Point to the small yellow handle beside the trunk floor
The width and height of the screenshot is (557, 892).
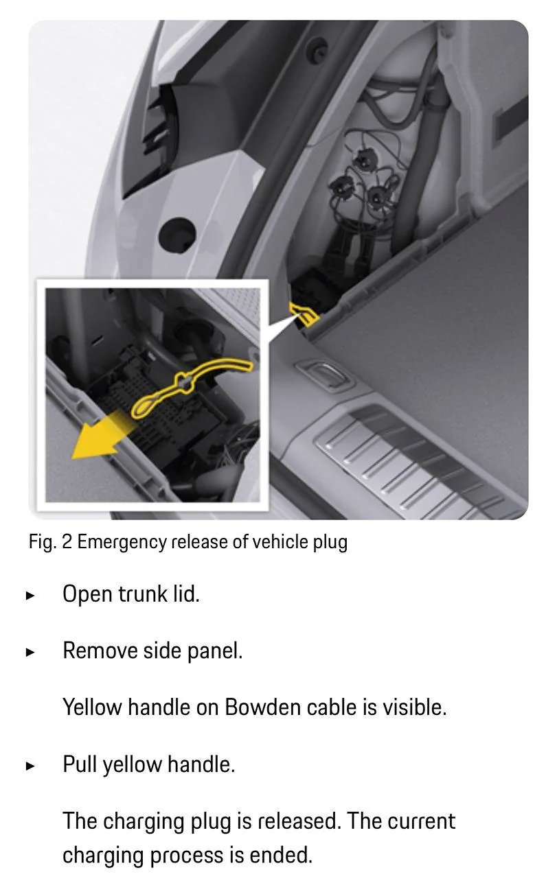(304, 314)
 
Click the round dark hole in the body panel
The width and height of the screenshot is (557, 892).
(177, 235)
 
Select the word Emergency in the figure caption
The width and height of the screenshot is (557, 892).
(122, 542)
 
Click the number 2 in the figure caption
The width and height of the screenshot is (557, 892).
(67, 542)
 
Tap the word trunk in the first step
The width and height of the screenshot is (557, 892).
(143, 594)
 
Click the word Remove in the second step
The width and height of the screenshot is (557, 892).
(100, 651)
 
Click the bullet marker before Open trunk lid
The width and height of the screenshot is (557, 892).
(30, 596)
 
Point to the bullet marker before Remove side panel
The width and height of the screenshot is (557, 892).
(30, 653)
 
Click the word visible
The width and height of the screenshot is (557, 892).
(415, 707)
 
